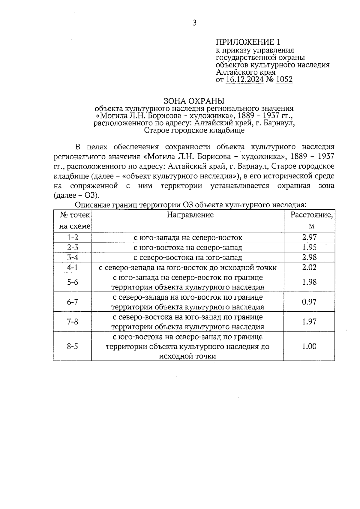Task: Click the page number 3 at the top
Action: (194, 23)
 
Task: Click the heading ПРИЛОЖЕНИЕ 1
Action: (249, 42)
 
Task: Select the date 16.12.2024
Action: (244, 79)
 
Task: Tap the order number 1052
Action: (284, 79)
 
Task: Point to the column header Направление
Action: (190, 215)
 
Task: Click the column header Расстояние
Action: (311, 215)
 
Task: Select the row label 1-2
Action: (73, 238)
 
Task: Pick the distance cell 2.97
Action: (309, 238)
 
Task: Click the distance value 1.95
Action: (309, 247)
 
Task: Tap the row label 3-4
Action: (73, 257)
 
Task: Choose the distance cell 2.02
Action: (309, 267)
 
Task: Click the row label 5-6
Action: (73, 282)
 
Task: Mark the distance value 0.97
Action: (309, 302)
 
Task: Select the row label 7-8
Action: (73, 322)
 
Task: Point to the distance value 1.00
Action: (309, 346)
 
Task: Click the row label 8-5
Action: (73, 346)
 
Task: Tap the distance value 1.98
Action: (309, 282)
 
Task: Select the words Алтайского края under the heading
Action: (246, 72)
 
